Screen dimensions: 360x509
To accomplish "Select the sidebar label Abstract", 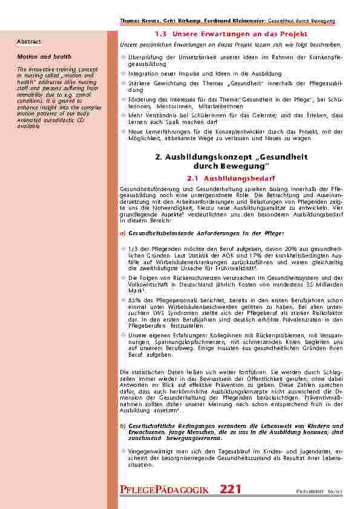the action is (28, 42).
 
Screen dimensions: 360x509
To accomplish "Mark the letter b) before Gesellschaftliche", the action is (123, 426).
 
